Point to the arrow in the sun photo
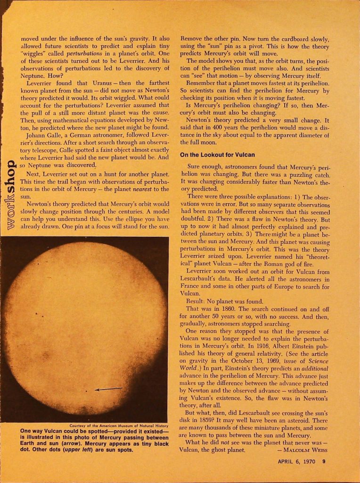(x=108, y=389)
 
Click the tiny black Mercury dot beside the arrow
(x=86, y=391)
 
